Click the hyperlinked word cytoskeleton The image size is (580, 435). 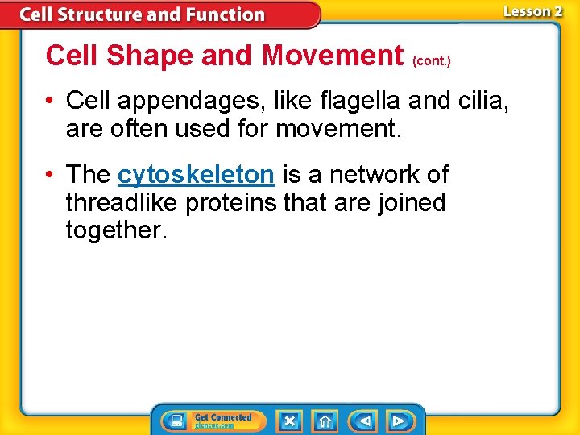(196, 175)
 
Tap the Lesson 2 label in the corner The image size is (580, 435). (532, 11)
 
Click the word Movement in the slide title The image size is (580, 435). (332, 56)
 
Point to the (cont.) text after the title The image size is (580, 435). (431, 60)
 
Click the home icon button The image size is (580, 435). (325, 420)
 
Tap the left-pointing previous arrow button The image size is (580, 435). (364, 420)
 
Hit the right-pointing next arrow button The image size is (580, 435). (398, 420)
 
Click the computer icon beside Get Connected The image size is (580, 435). (176, 420)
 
